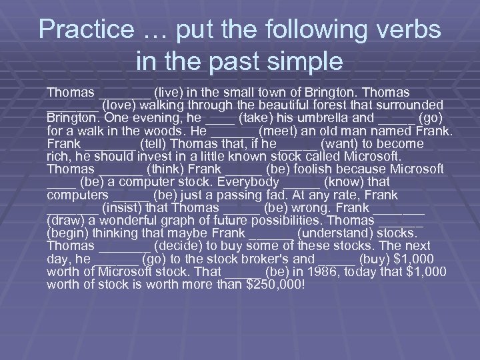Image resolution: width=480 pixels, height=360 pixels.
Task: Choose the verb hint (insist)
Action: point(125,208)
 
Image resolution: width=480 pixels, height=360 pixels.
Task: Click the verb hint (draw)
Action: point(69,221)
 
